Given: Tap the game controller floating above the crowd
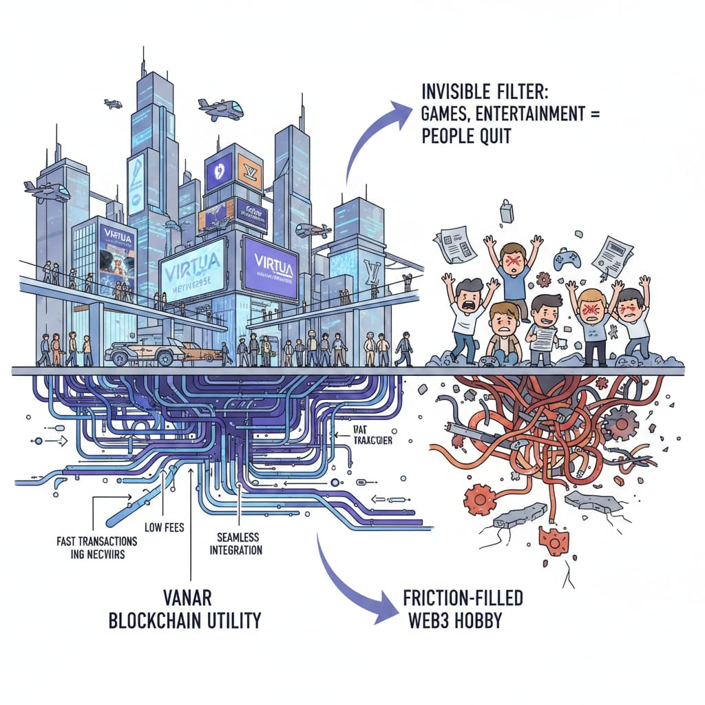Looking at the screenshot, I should click(x=567, y=259).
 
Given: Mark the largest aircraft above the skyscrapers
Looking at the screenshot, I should click(x=220, y=108).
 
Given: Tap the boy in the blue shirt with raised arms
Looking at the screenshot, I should click(x=513, y=269).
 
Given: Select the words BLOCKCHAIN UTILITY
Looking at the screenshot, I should click(x=185, y=620).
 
